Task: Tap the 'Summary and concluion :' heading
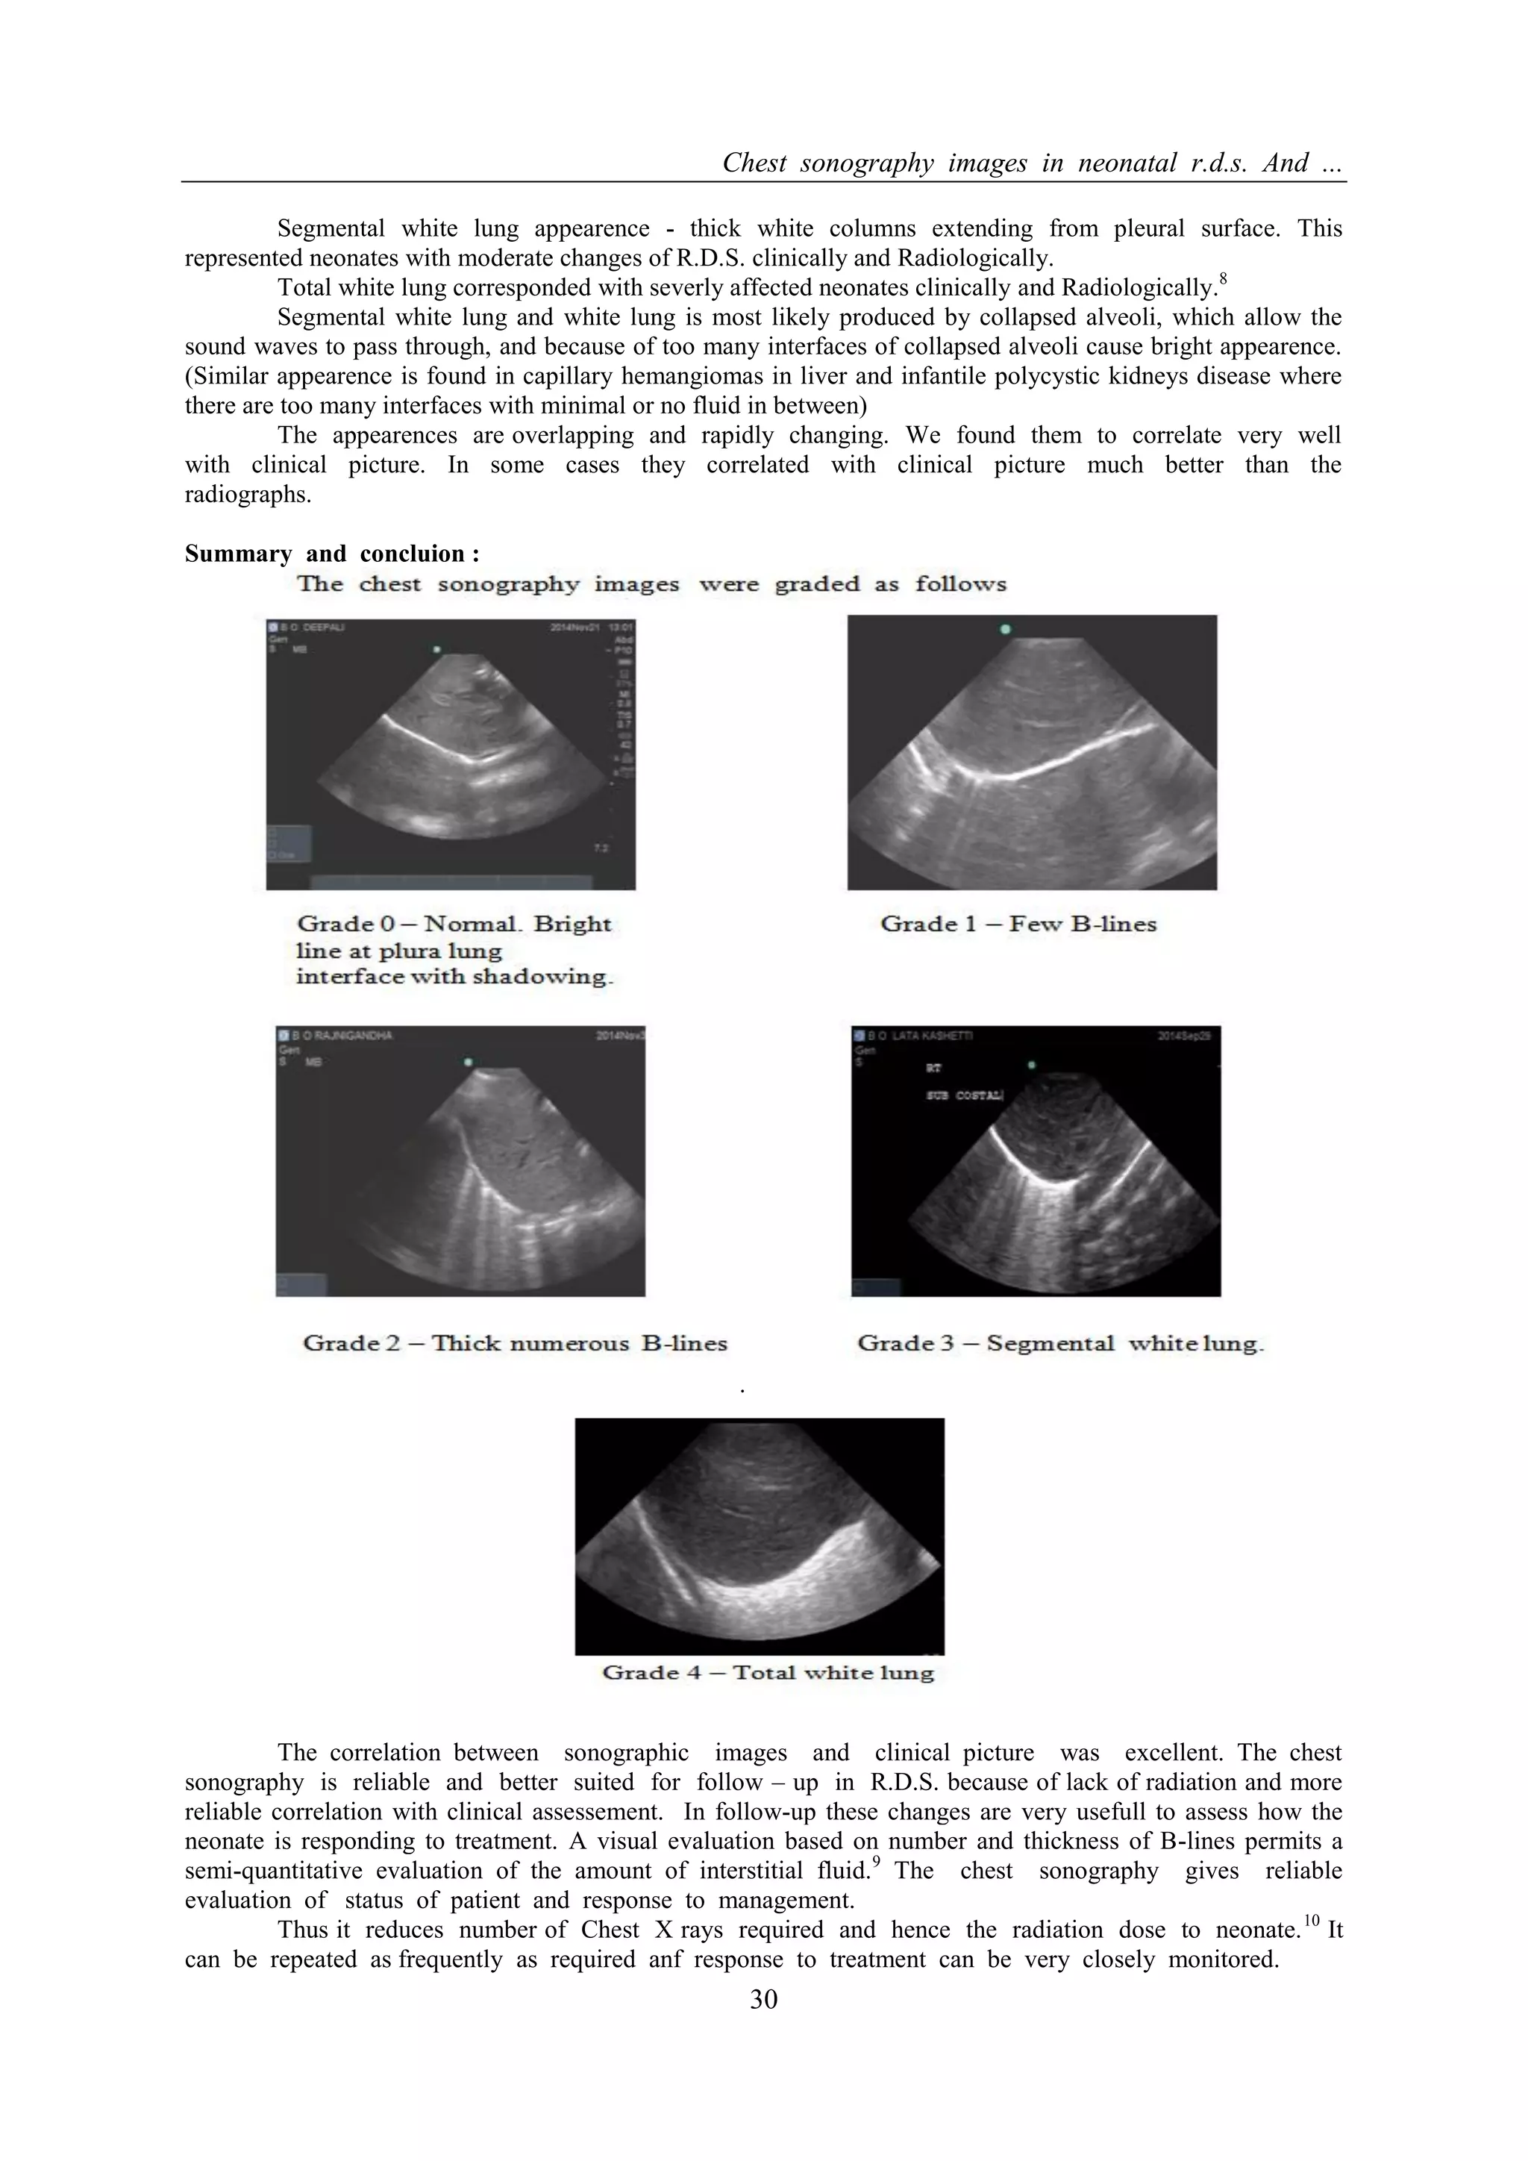(x=332, y=554)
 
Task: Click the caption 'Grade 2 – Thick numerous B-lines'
(x=515, y=1343)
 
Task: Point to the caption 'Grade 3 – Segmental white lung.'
(x=1060, y=1343)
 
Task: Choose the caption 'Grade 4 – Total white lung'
(x=768, y=1672)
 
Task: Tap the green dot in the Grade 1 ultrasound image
(x=1005, y=629)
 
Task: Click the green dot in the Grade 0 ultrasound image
(x=436, y=649)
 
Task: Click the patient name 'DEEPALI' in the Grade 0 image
(x=325, y=628)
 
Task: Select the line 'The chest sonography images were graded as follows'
(x=652, y=584)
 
